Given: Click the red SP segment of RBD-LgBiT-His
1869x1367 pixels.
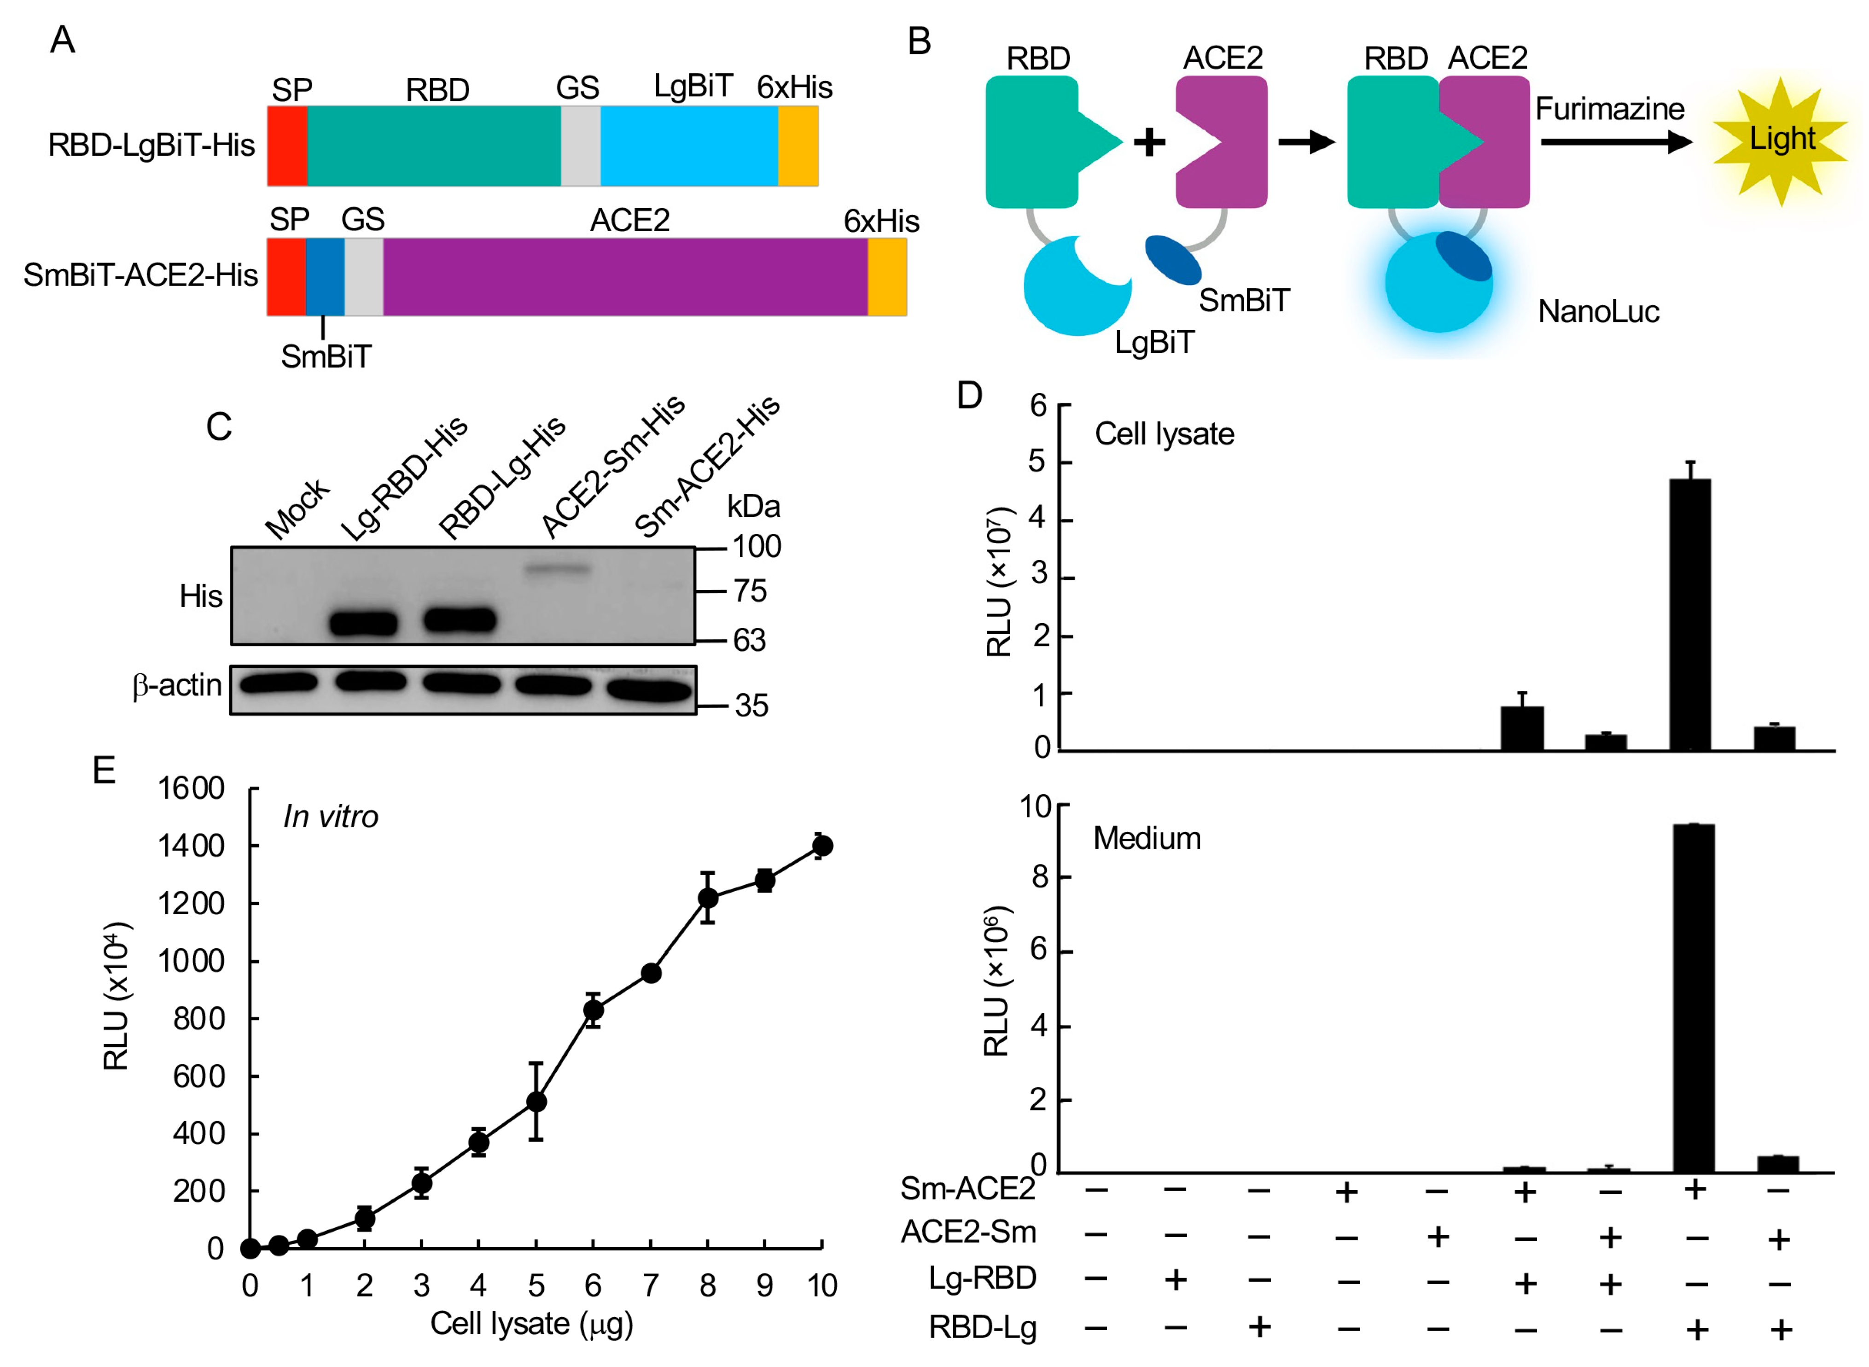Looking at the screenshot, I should (286, 146).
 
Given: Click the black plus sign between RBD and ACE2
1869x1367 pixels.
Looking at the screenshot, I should (1148, 142).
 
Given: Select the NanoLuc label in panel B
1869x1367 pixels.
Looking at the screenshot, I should (1598, 312).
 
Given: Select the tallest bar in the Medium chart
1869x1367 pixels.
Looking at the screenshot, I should (1693, 997).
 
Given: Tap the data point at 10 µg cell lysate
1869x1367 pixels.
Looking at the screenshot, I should (821, 846).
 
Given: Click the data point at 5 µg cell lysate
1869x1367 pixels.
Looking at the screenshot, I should (536, 1101).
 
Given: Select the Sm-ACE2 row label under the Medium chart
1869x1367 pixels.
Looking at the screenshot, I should (967, 1188).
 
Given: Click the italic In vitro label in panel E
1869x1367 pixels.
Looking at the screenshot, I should (330, 817).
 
